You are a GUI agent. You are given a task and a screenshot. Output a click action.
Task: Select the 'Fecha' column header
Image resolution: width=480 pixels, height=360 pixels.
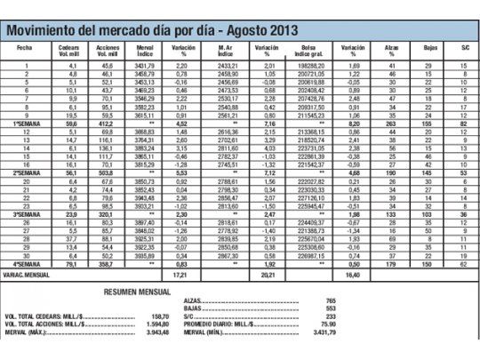click(x=24, y=44)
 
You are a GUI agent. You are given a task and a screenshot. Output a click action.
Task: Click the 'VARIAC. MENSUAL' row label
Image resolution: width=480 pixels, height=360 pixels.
click(x=29, y=276)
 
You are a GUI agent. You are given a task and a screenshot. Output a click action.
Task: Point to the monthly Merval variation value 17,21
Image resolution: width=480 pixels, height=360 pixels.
click(x=180, y=276)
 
